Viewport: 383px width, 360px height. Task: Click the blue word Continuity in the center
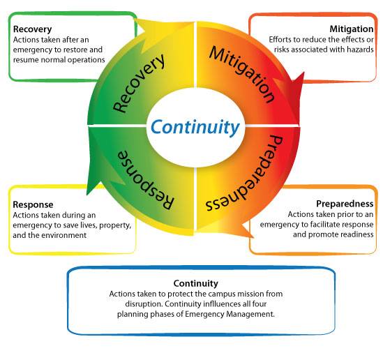pyautogui.click(x=195, y=127)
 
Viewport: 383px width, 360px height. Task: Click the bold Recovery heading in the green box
pyautogui.click(x=32, y=30)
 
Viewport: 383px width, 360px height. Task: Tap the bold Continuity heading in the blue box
pyautogui.click(x=195, y=283)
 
